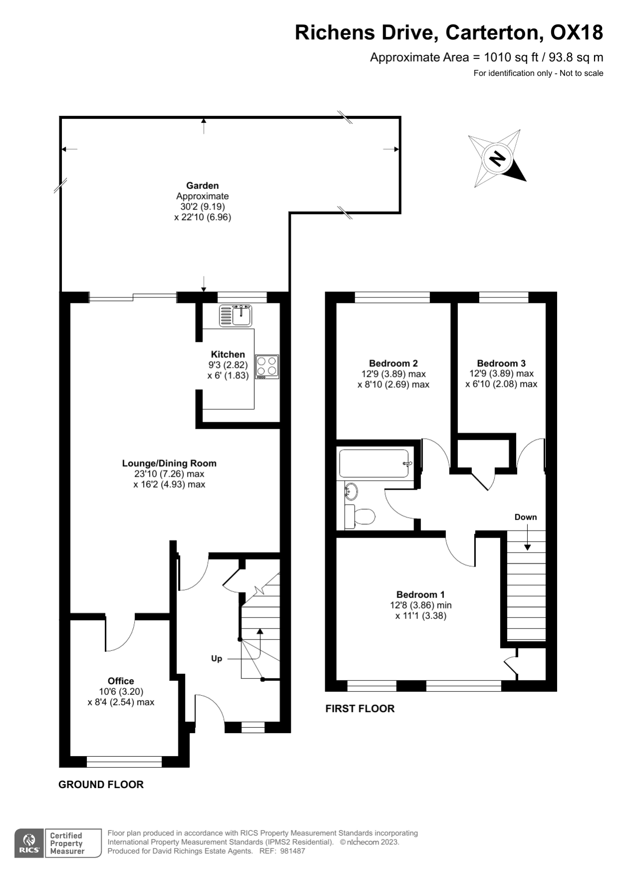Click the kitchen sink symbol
tap(236, 315)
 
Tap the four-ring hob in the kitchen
tap(267, 366)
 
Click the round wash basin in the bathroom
tap(351, 491)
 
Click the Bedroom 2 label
tap(393, 363)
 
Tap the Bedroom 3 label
tap(501, 363)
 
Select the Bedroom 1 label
tap(420, 594)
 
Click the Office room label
tap(121, 681)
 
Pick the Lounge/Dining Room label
tap(169, 463)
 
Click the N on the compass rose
tap(497, 158)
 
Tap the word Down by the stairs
tap(526, 517)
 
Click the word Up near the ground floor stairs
tap(216, 658)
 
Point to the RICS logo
tap(29, 843)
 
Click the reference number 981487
tap(292, 851)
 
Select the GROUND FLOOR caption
tap(101, 784)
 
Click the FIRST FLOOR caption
tap(360, 708)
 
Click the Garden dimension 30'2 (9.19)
tap(203, 207)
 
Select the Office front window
tap(124, 762)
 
